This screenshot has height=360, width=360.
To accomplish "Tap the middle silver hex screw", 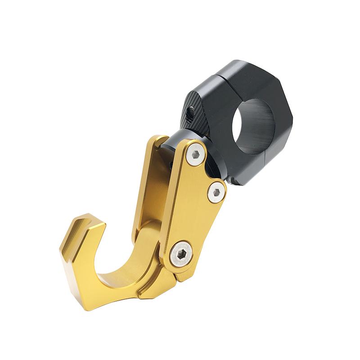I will [216, 192].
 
